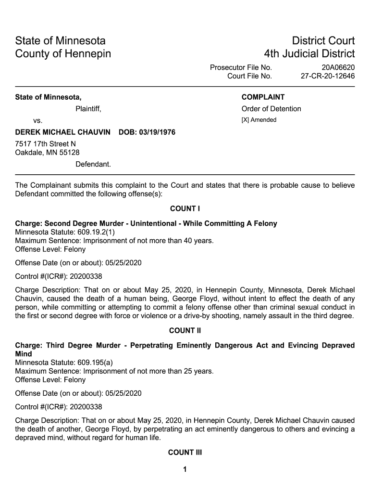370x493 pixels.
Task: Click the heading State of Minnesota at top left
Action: (60, 40)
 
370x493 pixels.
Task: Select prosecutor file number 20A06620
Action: (338, 67)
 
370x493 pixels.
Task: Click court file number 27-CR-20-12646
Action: (328, 76)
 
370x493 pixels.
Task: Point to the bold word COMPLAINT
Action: (263, 97)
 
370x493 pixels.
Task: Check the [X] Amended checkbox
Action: (245, 120)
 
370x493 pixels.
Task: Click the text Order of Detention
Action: (271, 109)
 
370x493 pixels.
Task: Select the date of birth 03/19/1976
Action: (157, 132)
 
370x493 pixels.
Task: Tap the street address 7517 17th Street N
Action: (46, 144)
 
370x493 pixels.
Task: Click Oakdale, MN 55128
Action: (48, 153)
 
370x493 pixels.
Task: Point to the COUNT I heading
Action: (185, 209)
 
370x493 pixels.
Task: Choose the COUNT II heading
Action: (185, 331)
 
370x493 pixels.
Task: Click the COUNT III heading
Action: (185, 453)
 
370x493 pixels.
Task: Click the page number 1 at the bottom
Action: (185, 470)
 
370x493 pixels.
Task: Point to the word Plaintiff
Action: (88, 109)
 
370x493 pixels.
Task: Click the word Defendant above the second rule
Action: (93, 164)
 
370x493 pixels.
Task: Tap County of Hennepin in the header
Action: (63, 53)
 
